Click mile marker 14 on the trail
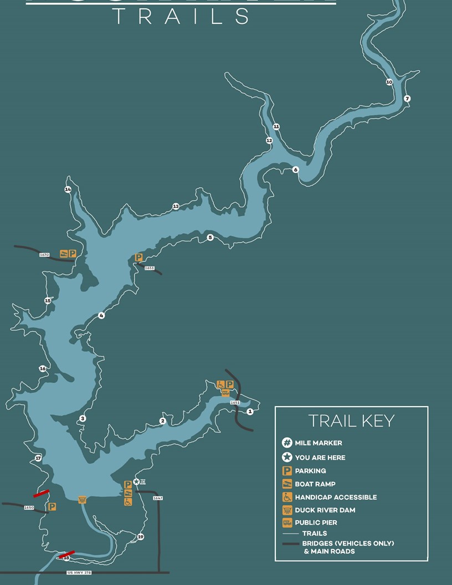pos(68,189)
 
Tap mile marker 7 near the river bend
pos(407,99)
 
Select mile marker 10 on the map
pos(389,82)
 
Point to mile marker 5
pos(210,238)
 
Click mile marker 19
pos(141,537)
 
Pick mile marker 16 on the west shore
pos(43,368)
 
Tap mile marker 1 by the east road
pos(250,412)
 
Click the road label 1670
pos(44,255)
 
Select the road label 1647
pos(158,498)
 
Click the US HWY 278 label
pos(79,572)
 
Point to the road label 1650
pos(29,507)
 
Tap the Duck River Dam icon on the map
pos(82,500)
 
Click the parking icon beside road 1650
pos(52,506)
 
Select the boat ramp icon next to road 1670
pos(64,254)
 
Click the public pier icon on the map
pos(225,393)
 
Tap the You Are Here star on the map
pos(136,482)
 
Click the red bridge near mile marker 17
pos(41,493)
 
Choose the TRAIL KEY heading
pos(351,421)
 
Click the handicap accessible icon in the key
pos(287,497)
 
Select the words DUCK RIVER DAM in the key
pos(325,510)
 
